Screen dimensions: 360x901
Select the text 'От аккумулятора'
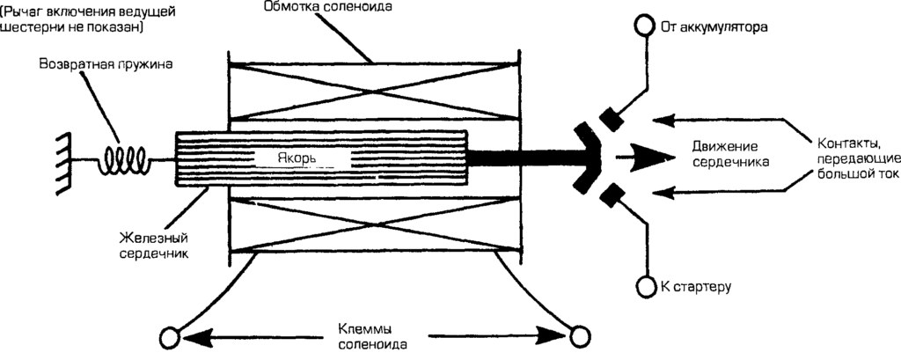tap(714, 26)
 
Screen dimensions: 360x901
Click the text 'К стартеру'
tap(696, 287)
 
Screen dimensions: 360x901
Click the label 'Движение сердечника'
tap(724, 154)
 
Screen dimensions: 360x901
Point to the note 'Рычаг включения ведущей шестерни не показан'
tap(75, 18)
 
